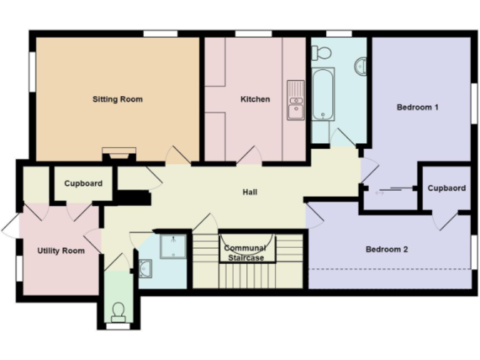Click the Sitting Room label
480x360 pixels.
(x=117, y=99)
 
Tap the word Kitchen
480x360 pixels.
(x=255, y=99)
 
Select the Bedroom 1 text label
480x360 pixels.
(x=417, y=107)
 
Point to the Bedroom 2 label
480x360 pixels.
(x=387, y=249)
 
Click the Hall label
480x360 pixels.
(x=250, y=192)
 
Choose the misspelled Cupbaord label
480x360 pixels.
(x=446, y=188)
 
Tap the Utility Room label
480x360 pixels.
(x=61, y=251)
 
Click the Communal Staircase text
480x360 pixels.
(x=244, y=253)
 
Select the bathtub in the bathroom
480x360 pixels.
(x=323, y=94)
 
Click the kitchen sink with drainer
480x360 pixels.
(x=295, y=100)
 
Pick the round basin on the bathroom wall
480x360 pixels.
(x=361, y=66)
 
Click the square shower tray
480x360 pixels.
(x=172, y=246)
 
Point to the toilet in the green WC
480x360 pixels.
(x=117, y=311)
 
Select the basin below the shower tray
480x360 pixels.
(x=146, y=268)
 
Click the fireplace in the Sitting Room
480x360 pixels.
(x=119, y=152)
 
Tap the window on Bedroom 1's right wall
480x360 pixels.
(x=473, y=100)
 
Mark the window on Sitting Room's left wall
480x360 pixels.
(x=32, y=72)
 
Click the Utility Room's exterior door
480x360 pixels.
(x=11, y=226)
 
